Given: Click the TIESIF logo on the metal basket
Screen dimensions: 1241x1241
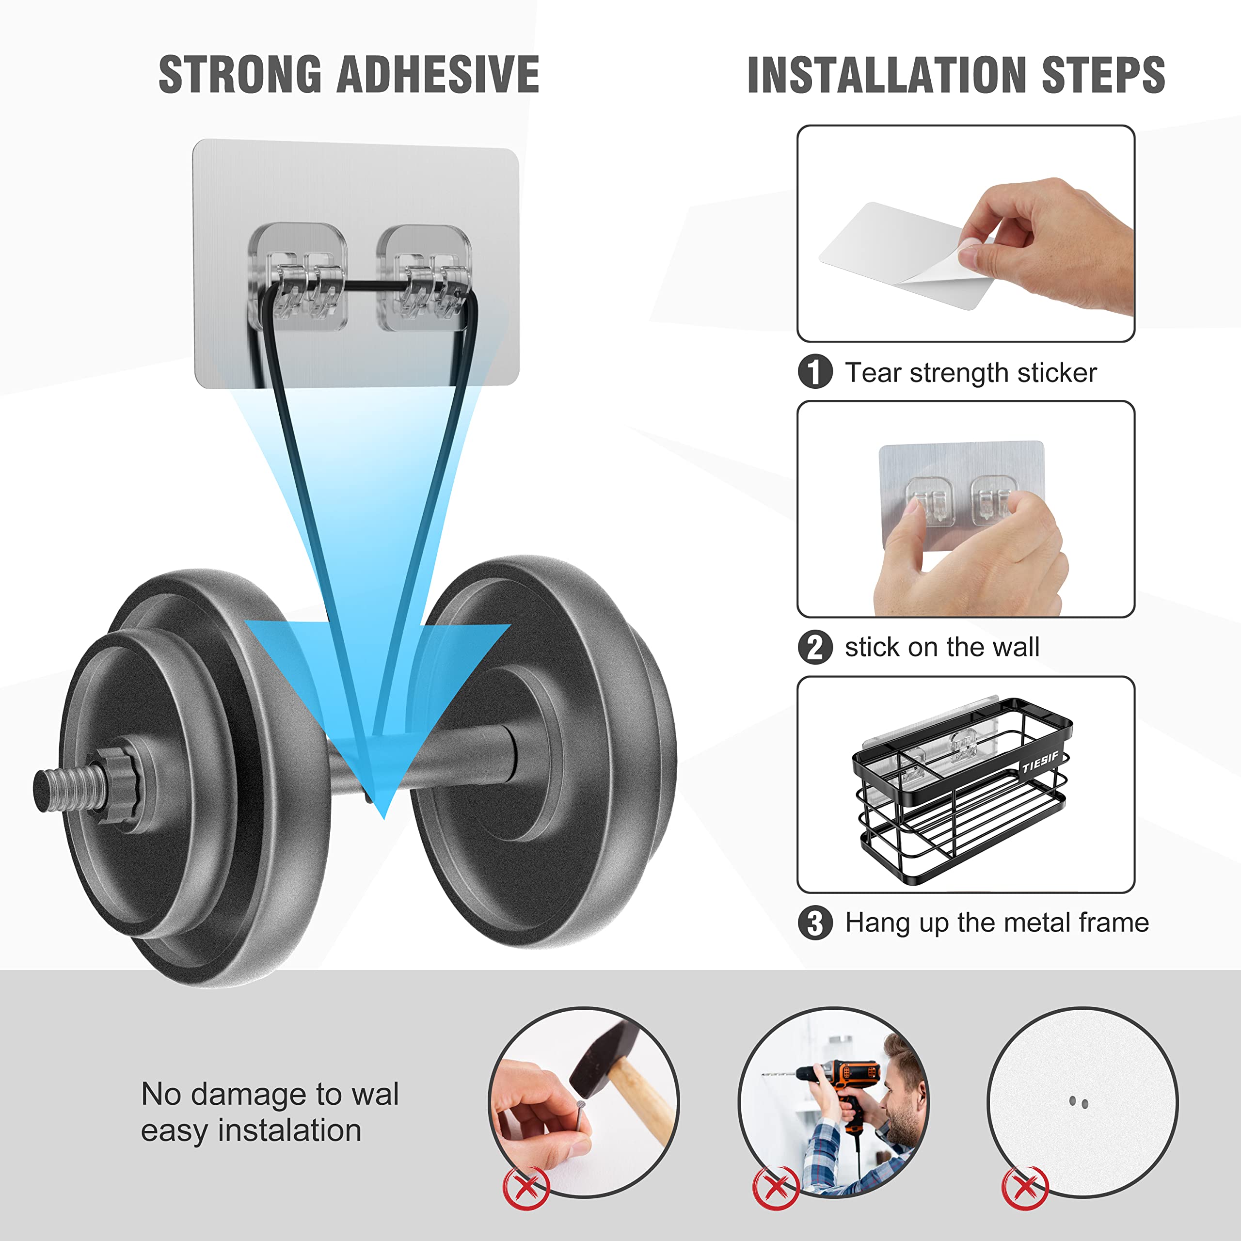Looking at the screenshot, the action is [1039, 763].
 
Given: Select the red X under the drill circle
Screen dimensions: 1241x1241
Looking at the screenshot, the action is [776, 1188].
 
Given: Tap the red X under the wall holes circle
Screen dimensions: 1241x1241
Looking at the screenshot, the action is [1025, 1188].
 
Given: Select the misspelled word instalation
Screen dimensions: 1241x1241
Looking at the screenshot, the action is [290, 1130].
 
